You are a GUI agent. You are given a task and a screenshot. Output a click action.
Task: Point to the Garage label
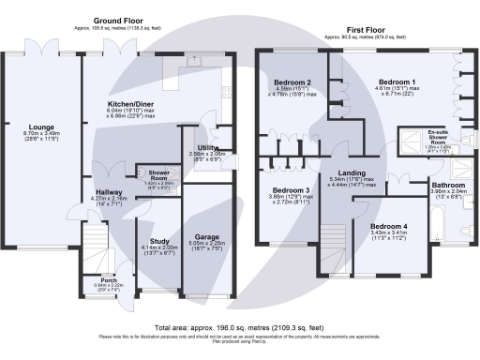(205, 237)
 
